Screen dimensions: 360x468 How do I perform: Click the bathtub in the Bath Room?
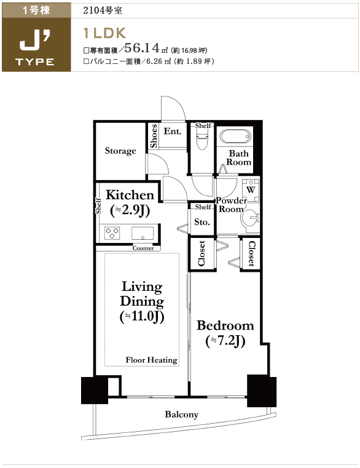click(235, 137)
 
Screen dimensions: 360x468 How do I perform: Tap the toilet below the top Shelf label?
click(203, 141)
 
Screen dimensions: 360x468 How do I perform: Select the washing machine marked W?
click(251, 190)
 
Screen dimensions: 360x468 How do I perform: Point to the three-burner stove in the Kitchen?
click(112, 233)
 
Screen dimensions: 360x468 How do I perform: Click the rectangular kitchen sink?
click(143, 233)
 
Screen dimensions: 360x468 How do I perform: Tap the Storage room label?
click(120, 151)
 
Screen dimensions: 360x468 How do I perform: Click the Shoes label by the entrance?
click(154, 136)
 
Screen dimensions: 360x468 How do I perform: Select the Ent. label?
click(173, 131)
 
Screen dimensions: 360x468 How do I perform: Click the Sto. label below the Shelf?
click(202, 222)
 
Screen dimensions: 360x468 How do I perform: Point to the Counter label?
click(143, 248)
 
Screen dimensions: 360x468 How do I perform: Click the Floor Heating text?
click(151, 360)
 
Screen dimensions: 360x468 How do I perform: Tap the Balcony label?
click(182, 414)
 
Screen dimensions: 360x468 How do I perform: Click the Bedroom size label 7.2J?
click(225, 341)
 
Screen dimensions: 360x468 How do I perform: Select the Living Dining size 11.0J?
click(142, 316)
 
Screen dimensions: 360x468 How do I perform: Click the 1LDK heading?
click(104, 33)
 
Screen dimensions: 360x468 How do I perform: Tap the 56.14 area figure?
click(142, 47)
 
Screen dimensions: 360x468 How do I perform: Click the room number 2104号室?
click(103, 10)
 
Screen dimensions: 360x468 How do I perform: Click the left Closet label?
click(202, 253)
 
